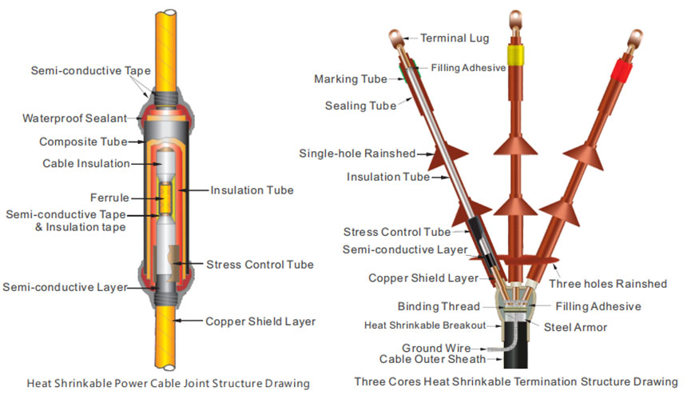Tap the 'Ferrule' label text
(109, 197)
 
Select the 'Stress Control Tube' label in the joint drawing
(260, 264)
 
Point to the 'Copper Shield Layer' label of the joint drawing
(260, 321)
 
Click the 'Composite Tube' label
(83, 142)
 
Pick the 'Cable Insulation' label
(85, 163)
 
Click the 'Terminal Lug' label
(455, 38)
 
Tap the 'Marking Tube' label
(351, 79)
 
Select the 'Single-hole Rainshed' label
(357, 153)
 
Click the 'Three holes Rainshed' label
(608, 283)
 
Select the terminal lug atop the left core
(395, 38)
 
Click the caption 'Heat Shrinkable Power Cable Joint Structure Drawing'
(168, 383)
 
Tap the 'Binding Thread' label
(439, 306)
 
